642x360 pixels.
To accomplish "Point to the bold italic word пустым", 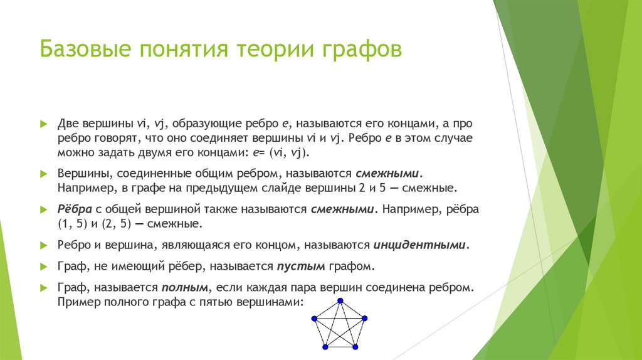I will point(300,267).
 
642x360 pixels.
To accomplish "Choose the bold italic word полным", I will point(188,289).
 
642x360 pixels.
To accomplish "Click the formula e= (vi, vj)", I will point(282,152).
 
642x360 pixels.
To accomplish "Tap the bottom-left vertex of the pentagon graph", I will point(324,347).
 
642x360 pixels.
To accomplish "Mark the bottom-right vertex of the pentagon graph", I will point(355,347).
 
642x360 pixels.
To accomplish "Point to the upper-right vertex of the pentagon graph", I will point(364,319).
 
